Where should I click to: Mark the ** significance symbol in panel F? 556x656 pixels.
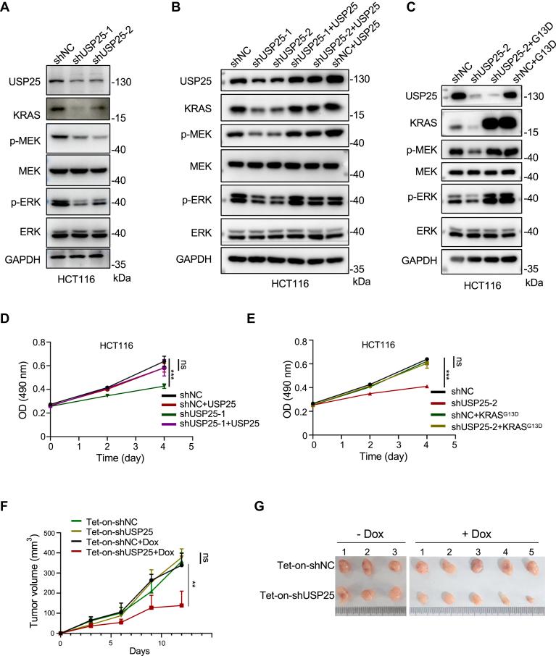tap(195, 583)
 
